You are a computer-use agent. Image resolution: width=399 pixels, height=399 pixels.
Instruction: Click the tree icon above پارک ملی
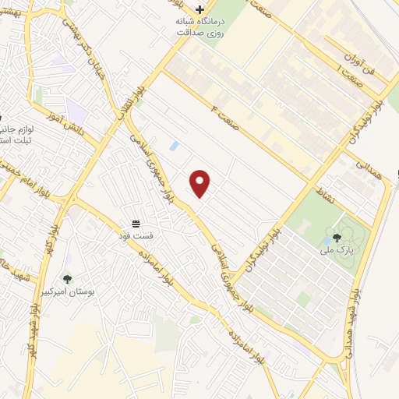(337, 238)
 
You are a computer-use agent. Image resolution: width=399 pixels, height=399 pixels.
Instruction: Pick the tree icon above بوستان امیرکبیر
(67, 278)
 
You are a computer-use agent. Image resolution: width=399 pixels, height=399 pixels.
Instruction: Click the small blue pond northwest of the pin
(173, 146)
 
